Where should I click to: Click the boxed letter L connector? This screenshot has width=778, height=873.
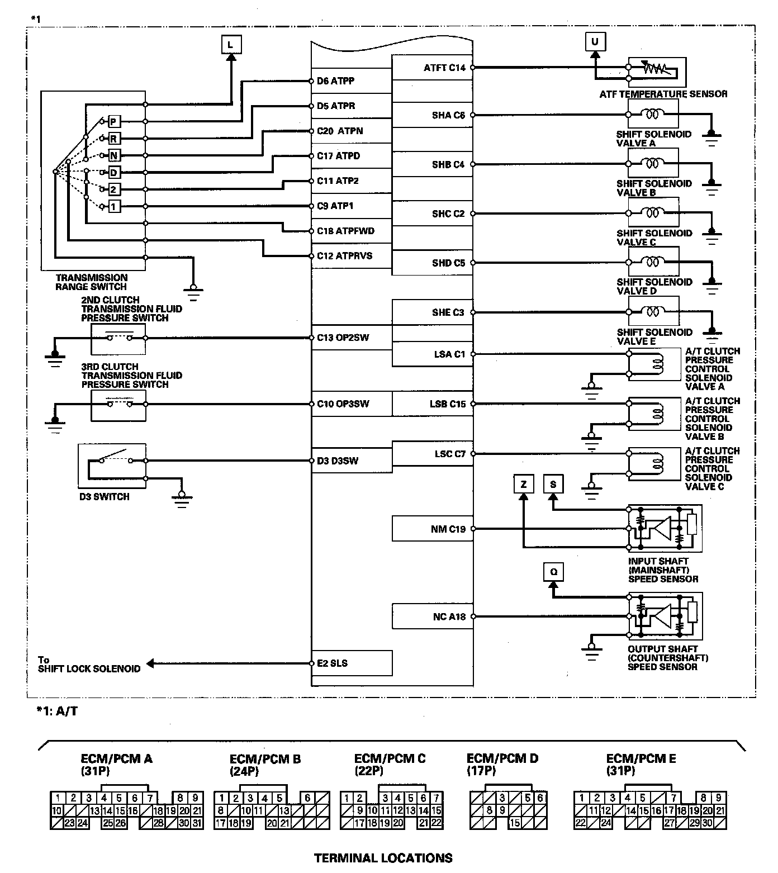(x=231, y=44)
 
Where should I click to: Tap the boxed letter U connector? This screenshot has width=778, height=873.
(x=595, y=41)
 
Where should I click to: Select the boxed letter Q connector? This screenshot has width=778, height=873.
(x=553, y=572)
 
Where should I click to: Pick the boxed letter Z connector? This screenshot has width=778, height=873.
(x=523, y=484)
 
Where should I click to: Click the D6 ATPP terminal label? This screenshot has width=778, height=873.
(x=335, y=81)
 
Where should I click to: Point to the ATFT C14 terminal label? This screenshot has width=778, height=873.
(x=444, y=68)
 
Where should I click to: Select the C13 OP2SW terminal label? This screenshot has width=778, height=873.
(x=343, y=338)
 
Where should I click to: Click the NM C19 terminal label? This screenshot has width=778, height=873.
(x=448, y=529)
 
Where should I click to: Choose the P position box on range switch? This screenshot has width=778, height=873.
(x=113, y=122)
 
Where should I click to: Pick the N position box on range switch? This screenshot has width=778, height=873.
(x=113, y=155)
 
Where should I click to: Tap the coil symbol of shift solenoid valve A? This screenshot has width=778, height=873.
(x=652, y=115)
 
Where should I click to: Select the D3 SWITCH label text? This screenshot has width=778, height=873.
(x=104, y=496)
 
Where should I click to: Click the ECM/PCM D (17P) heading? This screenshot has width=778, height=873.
(x=502, y=764)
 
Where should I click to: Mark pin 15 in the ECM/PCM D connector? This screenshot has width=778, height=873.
(x=515, y=823)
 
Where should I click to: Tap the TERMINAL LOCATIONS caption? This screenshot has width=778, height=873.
(x=383, y=858)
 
